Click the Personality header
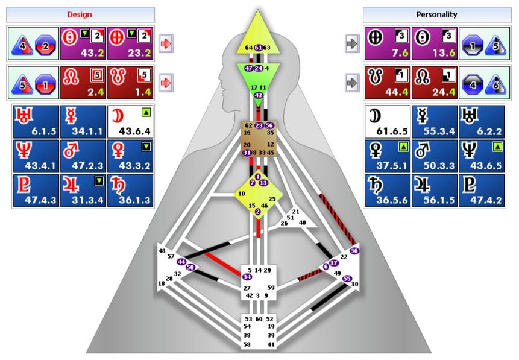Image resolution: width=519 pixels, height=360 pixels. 437,14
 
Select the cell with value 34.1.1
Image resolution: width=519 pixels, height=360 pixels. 83,121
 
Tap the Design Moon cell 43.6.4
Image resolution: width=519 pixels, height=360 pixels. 130,121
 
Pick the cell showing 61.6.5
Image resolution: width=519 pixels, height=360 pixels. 388,121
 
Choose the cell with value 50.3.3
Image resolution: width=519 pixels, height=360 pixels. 436,156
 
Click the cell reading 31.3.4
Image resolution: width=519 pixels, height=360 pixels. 83,190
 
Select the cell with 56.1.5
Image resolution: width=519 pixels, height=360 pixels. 436,190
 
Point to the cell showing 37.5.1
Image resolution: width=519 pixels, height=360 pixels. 388,156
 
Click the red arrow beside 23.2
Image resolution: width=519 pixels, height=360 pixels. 166,43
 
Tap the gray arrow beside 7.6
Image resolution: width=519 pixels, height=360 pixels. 352,43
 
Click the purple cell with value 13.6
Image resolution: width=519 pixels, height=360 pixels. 436,43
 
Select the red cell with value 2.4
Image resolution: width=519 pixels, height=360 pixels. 83,83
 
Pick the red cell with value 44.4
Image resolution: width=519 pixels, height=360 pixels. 388,83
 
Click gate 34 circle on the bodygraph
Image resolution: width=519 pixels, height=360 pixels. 247,277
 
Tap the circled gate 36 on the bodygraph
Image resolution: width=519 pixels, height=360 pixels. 354,251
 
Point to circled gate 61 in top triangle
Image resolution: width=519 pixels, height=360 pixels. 258,48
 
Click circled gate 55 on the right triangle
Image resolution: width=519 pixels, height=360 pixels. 347,279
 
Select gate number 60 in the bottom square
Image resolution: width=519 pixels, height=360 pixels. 259,318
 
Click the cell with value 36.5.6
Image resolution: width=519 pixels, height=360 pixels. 388,190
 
